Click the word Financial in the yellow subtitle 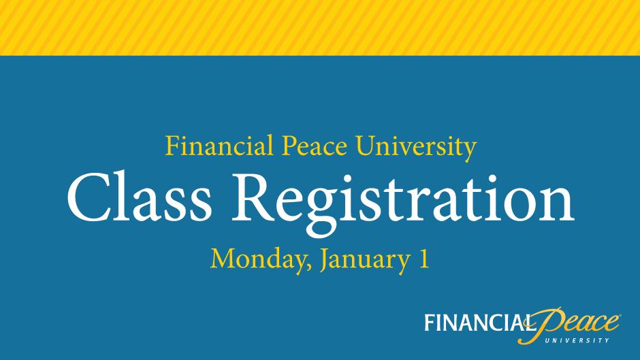click(x=219, y=146)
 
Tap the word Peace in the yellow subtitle click(x=315, y=146)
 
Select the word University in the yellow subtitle click(x=416, y=148)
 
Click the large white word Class click(x=140, y=197)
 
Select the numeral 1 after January click(x=424, y=258)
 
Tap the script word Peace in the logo click(x=571, y=323)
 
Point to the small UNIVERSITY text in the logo click(x=577, y=340)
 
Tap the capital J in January click(x=325, y=261)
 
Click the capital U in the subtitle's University click(x=366, y=146)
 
